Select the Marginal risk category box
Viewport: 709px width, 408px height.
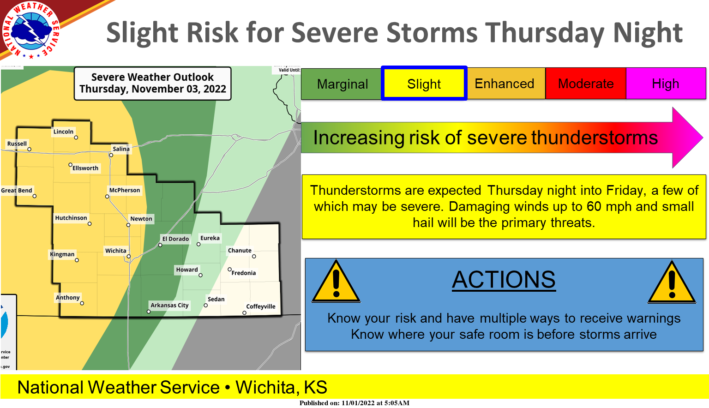pyautogui.click(x=342, y=84)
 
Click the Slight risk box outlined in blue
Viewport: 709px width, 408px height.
pyautogui.click(x=424, y=84)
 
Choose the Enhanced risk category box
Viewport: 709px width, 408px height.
pyautogui.click(x=505, y=84)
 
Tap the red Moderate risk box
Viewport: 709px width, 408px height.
pyautogui.click(x=586, y=84)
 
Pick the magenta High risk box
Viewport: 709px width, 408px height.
pyautogui.click(x=666, y=84)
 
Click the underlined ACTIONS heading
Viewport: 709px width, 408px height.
pyautogui.click(x=504, y=280)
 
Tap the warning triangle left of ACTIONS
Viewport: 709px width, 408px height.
pyautogui.click(x=336, y=282)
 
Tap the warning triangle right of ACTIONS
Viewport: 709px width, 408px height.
pyautogui.click(x=672, y=282)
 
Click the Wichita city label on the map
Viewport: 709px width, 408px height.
pyautogui.click(x=115, y=251)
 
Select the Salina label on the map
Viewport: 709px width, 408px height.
pyautogui.click(x=121, y=149)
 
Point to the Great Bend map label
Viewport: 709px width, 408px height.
pyautogui.click(x=17, y=190)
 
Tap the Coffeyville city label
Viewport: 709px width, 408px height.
pyautogui.click(x=261, y=306)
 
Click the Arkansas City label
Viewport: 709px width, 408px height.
pyautogui.click(x=169, y=305)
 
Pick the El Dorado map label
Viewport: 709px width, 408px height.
pyautogui.click(x=175, y=239)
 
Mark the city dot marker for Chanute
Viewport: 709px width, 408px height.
pyautogui.click(x=254, y=256)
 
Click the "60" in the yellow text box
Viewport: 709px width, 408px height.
pyautogui.click(x=594, y=206)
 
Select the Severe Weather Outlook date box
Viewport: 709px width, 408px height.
pyautogui.click(x=153, y=83)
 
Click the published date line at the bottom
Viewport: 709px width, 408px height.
pyautogui.click(x=354, y=403)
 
